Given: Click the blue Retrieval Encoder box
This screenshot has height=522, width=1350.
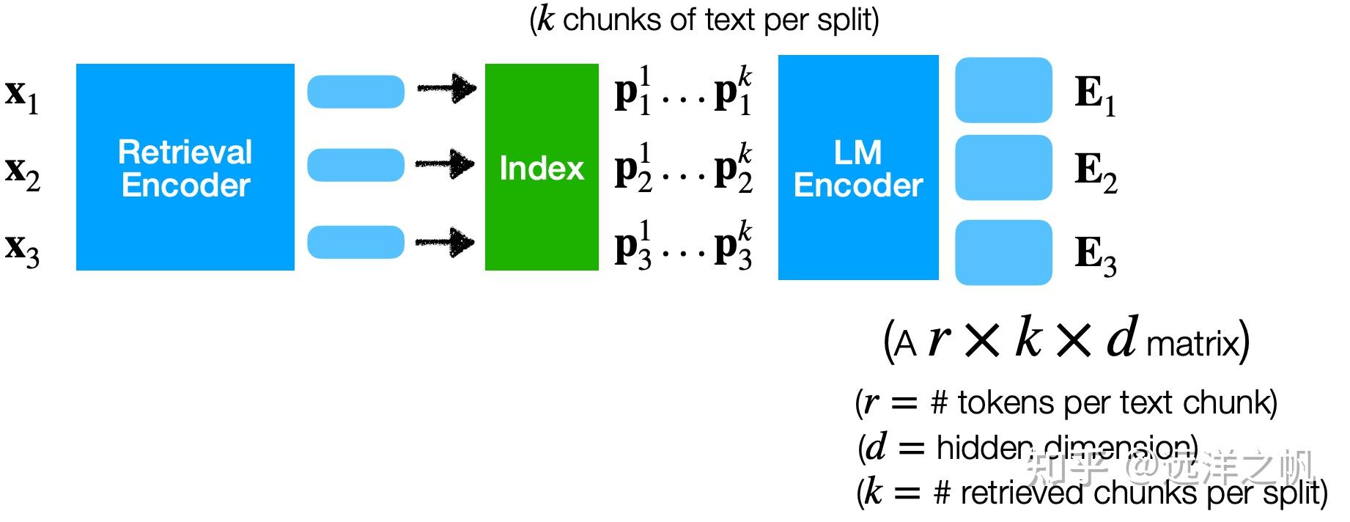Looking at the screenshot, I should pos(185,167).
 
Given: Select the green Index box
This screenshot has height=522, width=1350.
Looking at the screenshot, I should pos(542,167).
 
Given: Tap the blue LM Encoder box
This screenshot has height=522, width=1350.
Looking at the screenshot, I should pos(857,167).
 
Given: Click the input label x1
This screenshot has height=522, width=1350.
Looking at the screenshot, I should pos(22,95).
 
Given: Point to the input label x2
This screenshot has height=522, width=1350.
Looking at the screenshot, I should pos(23,172).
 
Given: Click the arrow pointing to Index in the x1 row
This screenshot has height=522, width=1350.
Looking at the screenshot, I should pos(446,89).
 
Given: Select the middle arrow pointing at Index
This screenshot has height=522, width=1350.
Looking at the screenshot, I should pos(445,163).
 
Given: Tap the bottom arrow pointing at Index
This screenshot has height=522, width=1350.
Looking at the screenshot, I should pos(445,241).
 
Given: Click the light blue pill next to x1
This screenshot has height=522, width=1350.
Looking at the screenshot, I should pos(355,92).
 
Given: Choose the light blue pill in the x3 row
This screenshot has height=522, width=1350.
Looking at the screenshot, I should pos(355,242).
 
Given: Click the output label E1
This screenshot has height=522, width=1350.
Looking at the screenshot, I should pos(1095,95).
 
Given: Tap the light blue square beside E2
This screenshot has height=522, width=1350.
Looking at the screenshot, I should pos(1003,168).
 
